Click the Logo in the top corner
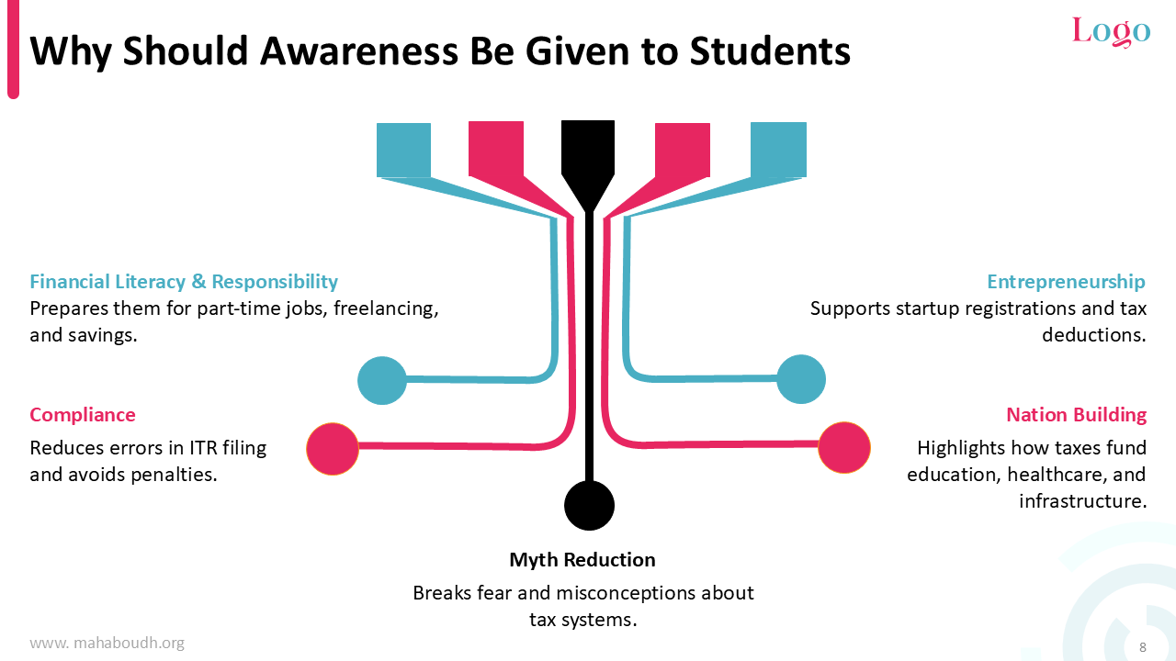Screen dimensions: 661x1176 (x=1111, y=31)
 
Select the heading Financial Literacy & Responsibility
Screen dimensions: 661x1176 (x=184, y=282)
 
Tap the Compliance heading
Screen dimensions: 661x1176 (x=83, y=415)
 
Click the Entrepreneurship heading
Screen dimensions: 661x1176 (x=1066, y=282)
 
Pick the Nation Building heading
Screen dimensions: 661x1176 (x=1076, y=415)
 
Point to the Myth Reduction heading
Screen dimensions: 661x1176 (x=582, y=560)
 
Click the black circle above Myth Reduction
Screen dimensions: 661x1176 (x=589, y=505)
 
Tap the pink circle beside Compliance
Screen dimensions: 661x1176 (x=332, y=448)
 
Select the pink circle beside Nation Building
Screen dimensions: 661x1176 (x=843, y=447)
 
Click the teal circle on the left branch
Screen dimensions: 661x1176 (x=381, y=380)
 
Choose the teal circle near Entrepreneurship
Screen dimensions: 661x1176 (x=800, y=379)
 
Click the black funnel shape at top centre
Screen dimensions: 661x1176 (x=588, y=156)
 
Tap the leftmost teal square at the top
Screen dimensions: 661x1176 (x=403, y=150)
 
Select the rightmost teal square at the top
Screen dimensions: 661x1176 (x=778, y=150)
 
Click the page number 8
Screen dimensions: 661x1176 (x=1142, y=647)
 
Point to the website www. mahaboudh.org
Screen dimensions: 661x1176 (x=107, y=644)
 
